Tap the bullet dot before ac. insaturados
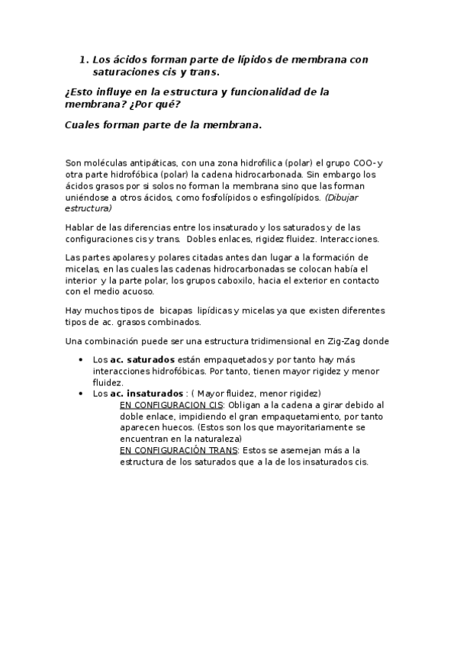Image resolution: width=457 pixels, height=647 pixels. [82, 393]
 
